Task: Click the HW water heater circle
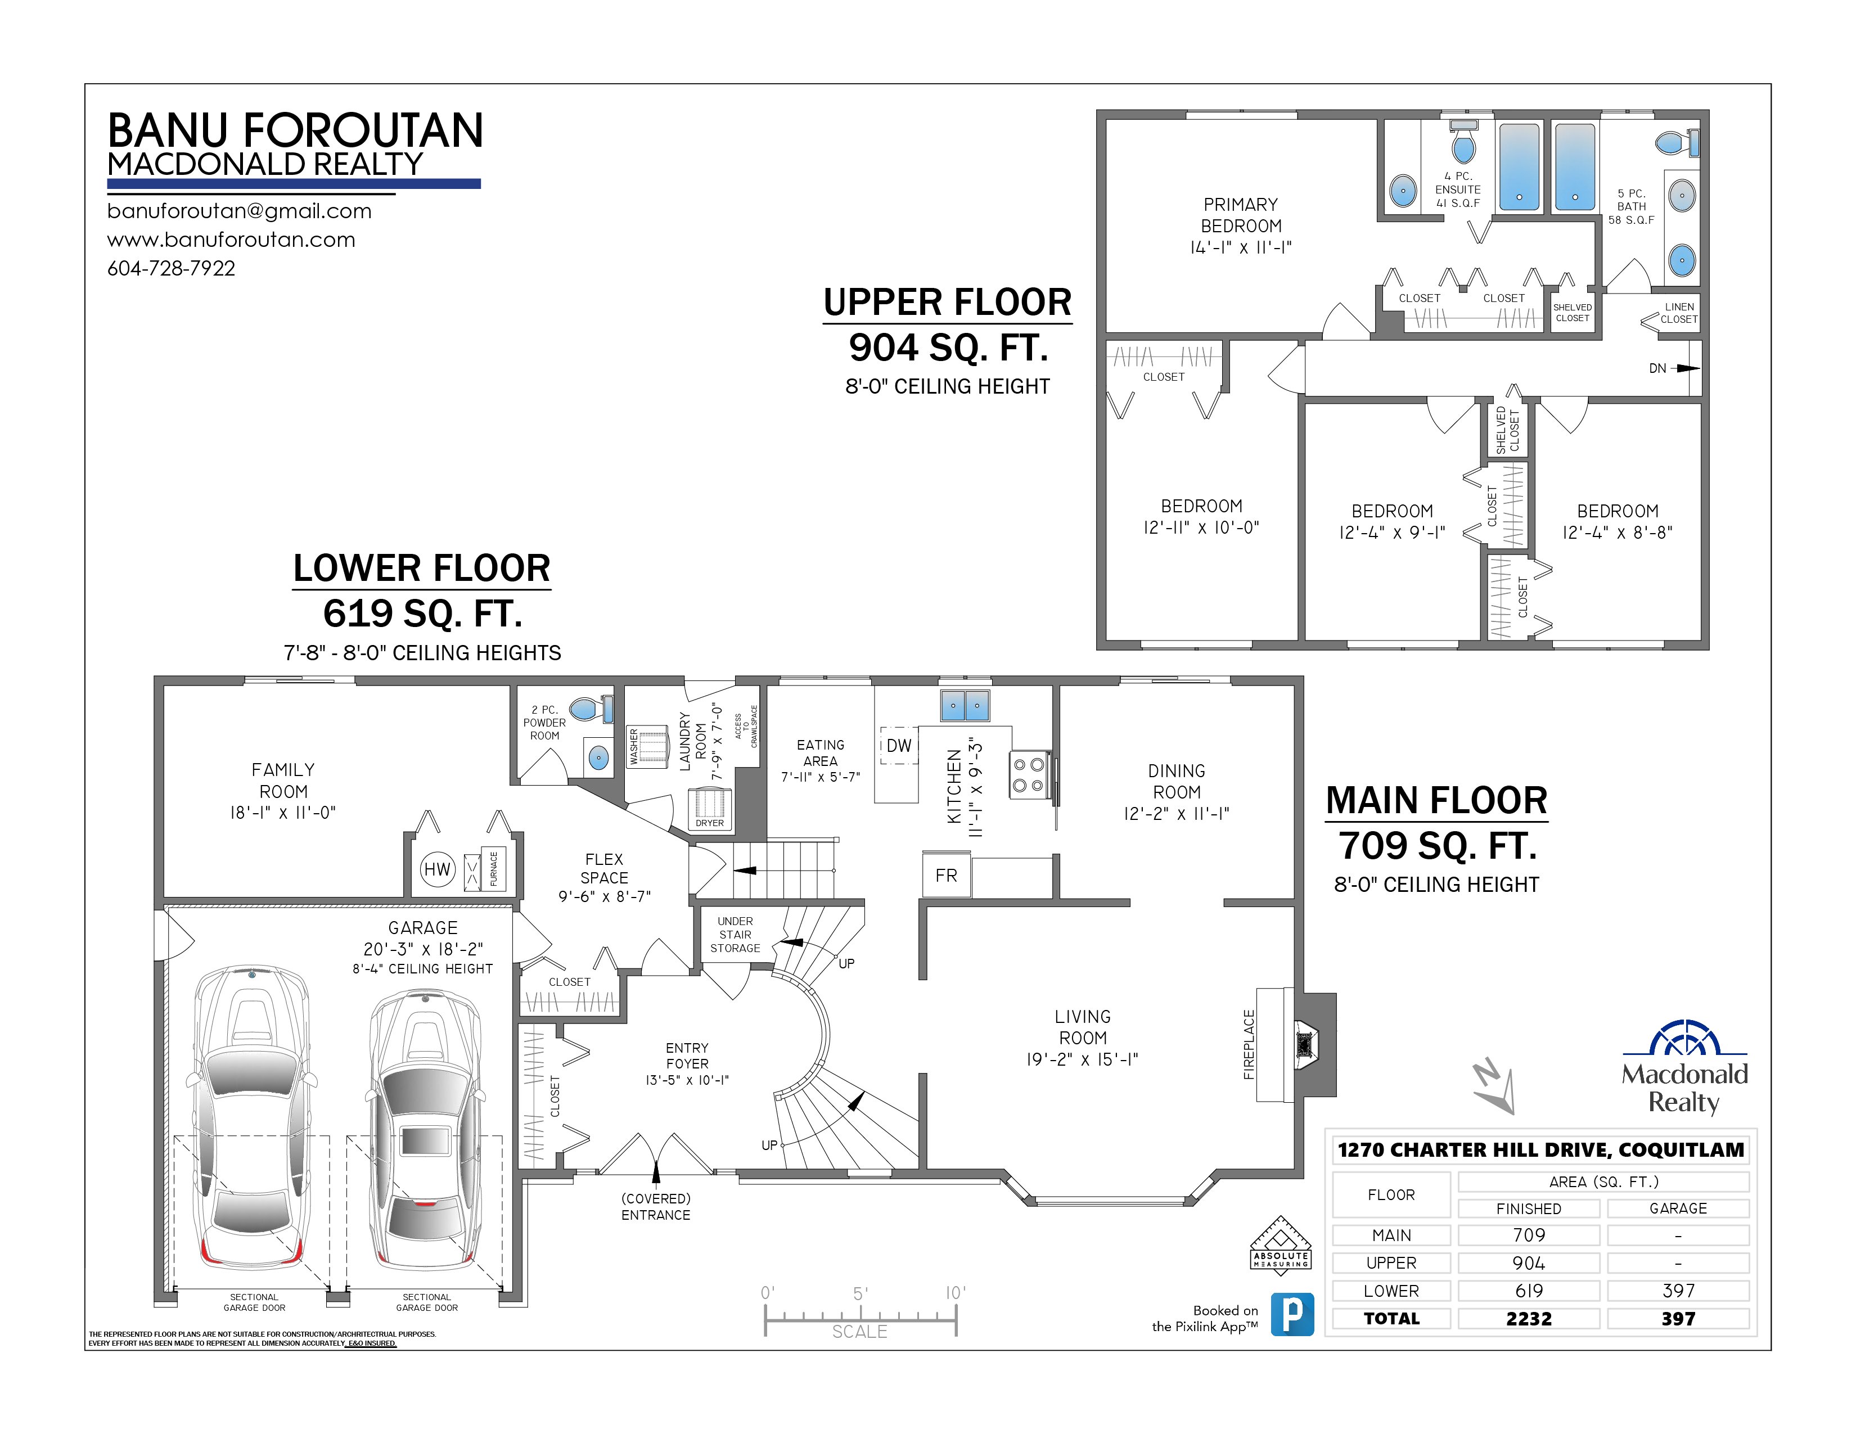click(438, 869)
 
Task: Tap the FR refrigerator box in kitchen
click(946, 875)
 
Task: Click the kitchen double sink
click(965, 705)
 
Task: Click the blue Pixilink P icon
click(1292, 1314)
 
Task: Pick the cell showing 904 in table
click(1528, 1263)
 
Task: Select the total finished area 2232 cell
click(1528, 1319)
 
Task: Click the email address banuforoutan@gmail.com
click(240, 211)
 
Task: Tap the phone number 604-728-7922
click(171, 268)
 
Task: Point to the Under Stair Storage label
click(735, 935)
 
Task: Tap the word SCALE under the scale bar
click(859, 1331)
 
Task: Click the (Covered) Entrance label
click(655, 1206)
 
